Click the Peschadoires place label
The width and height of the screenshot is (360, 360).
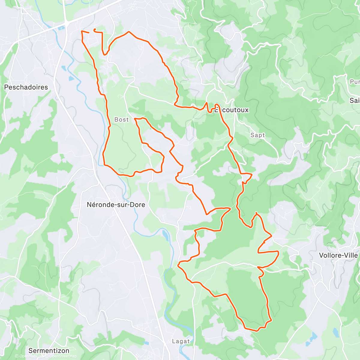[26, 87]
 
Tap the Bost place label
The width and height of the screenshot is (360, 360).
[121, 120]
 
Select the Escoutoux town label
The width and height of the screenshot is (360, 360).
[232, 110]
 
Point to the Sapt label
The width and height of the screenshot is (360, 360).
[258, 135]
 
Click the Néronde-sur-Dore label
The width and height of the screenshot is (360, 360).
[116, 205]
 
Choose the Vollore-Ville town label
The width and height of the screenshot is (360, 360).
[338, 255]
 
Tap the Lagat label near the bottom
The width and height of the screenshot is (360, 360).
[181, 341]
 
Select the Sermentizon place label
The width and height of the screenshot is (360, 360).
[49, 351]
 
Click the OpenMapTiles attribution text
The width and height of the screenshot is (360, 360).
[30, 356]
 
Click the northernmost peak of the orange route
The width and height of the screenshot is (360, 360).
[129, 31]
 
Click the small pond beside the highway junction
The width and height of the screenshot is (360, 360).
[62, 28]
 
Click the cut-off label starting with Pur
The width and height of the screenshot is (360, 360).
[355, 82]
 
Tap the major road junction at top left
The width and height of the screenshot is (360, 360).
[66, 22]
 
